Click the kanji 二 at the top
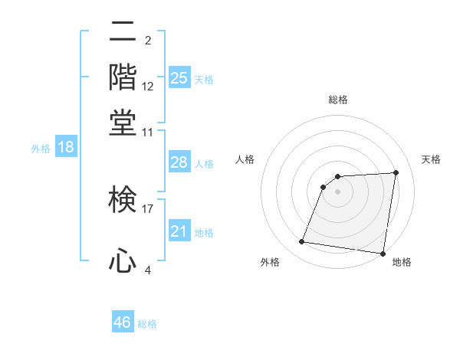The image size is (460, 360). click(123, 34)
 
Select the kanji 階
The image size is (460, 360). click(123, 78)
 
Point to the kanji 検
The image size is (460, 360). click(123, 201)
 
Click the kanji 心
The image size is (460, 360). click(123, 260)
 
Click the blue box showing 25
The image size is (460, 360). click(179, 77)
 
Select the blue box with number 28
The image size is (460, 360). click(179, 162)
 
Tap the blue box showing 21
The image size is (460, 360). click(179, 231)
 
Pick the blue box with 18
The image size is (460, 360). click(66, 148)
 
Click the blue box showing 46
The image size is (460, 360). click(123, 322)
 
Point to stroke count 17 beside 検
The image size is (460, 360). click(148, 208)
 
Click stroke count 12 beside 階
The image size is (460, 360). click(148, 87)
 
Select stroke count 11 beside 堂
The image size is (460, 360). click(148, 131)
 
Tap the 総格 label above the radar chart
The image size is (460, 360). click(338, 100)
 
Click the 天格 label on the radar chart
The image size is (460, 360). click(431, 159)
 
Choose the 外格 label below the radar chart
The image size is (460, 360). click(270, 262)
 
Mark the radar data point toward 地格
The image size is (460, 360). click(382, 254)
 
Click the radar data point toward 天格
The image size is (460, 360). click(396, 172)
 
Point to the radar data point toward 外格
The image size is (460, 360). click(302, 242)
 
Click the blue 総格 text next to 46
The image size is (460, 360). click(147, 323)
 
